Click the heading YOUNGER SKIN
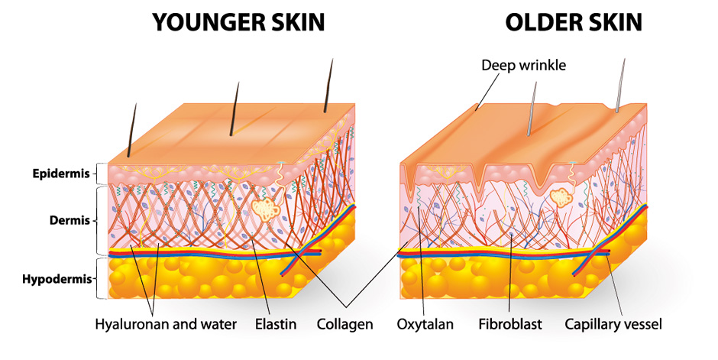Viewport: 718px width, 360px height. point(238,22)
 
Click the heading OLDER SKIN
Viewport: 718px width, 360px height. point(574,22)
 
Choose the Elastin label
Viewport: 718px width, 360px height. point(276,324)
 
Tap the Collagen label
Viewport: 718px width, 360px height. point(345,324)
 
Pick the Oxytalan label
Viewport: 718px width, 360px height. point(425,324)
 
